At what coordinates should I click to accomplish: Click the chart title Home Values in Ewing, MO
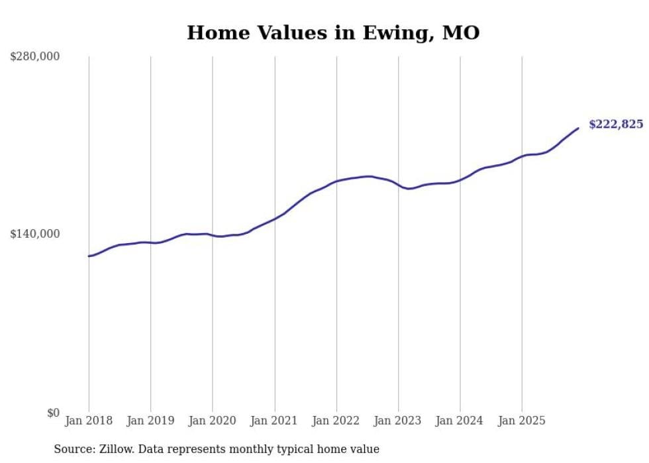(333, 32)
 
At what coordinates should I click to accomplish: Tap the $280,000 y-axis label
(35, 57)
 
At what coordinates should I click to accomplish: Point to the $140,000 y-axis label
(35, 234)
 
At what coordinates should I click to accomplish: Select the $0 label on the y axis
(53, 413)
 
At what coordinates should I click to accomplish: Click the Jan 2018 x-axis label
(89, 421)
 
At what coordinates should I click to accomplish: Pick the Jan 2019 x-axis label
(150, 421)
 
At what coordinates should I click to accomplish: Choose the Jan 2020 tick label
(212, 421)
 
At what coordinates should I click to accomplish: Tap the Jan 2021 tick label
(274, 421)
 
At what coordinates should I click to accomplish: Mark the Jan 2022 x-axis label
(336, 421)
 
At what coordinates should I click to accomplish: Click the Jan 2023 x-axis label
(398, 421)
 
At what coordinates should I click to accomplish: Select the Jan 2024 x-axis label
(460, 421)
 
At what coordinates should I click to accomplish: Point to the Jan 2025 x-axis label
(522, 421)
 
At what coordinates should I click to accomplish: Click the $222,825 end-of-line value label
(615, 124)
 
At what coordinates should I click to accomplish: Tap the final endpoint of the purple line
(578, 128)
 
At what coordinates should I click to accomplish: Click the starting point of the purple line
(89, 256)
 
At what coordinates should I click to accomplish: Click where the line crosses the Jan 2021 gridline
(274, 219)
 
